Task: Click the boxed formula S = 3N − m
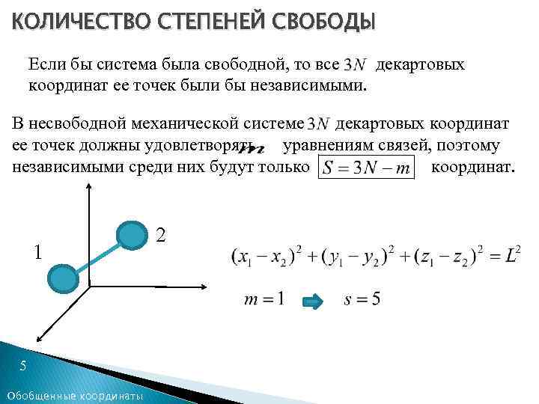click(x=366, y=166)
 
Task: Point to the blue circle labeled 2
click(x=133, y=236)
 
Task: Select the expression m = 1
click(x=264, y=300)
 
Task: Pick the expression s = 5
click(x=362, y=300)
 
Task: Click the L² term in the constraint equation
click(x=511, y=255)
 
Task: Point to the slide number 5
click(x=23, y=366)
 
